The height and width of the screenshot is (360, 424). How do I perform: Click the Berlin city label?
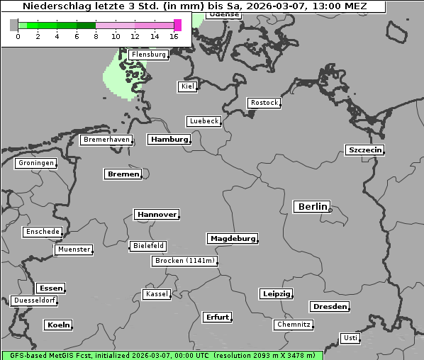(x=312, y=207)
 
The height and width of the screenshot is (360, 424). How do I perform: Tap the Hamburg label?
(x=169, y=140)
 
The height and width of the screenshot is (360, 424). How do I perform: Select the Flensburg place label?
(x=148, y=55)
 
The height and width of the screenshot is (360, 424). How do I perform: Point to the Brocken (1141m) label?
(x=183, y=261)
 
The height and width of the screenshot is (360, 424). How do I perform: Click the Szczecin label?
(x=364, y=150)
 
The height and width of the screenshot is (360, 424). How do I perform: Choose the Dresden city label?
(x=329, y=307)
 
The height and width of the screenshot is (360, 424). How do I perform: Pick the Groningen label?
(x=35, y=163)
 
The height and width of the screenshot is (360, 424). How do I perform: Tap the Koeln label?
(x=58, y=325)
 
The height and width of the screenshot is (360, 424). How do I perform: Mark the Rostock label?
(x=264, y=103)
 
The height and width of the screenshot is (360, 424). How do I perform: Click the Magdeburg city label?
(x=232, y=239)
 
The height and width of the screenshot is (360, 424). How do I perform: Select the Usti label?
(x=350, y=338)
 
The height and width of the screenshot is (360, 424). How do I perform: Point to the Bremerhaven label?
(x=106, y=140)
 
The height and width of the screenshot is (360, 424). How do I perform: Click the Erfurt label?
(x=217, y=317)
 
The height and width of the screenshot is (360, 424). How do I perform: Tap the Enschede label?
(x=42, y=232)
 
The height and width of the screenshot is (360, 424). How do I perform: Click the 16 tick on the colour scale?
(x=174, y=36)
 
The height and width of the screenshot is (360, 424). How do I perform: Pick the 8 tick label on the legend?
(x=96, y=36)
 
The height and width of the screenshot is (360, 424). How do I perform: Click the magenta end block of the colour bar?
(x=177, y=25)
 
